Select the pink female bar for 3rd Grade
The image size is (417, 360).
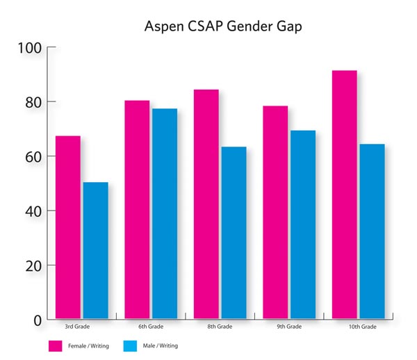pos(68,227)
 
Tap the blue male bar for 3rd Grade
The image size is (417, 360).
pos(95,250)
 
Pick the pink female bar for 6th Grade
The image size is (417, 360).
pos(137,209)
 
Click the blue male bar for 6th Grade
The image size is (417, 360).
pos(165,213)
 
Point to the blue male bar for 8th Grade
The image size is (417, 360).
pos(234,233)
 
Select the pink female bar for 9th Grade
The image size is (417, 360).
pos(275,212)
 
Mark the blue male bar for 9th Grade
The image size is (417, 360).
pos(303,224)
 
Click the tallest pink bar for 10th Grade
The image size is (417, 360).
pos(345,195)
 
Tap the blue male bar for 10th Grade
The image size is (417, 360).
pos(372,231)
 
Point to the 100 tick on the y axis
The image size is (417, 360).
pos(31,48)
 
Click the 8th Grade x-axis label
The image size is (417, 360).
pos(220,327)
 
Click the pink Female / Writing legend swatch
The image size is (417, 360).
pos(56,345)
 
